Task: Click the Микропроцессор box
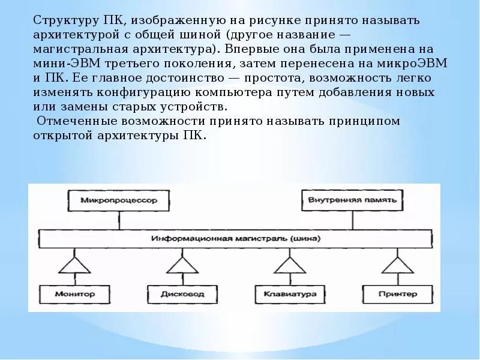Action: (x=109, y=200)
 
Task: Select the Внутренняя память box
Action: (x=352, y=200)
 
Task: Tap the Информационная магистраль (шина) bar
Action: (x=236, y=238)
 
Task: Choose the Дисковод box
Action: (x=182, y=294)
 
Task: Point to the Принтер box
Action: (x=397, y=294)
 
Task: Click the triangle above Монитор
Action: (x=74, y=266)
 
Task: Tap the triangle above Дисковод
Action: (x=182, y=266)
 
